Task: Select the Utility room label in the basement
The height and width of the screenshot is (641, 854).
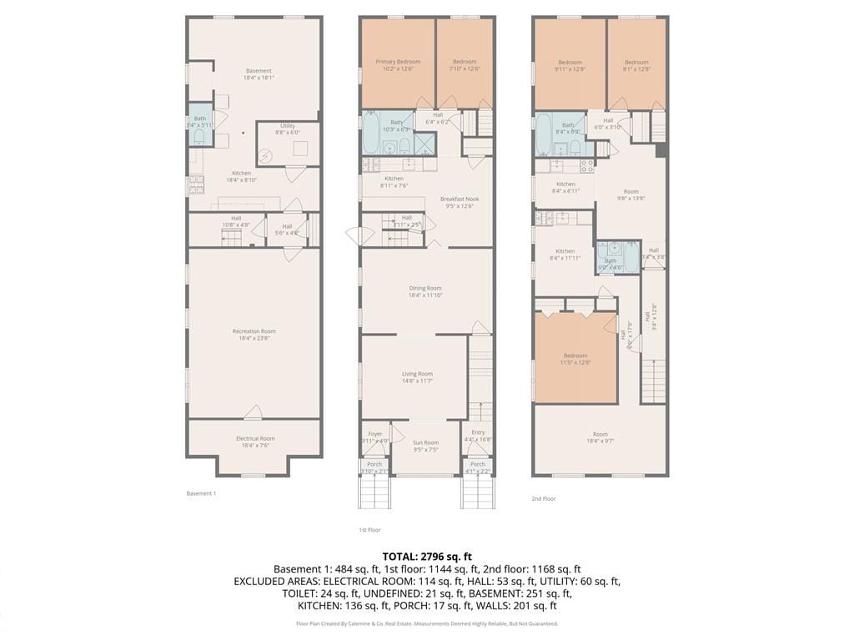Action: coord(288,129)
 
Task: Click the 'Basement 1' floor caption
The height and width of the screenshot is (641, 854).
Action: coord(201,493)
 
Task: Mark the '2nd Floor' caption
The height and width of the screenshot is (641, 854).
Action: coord(543,498)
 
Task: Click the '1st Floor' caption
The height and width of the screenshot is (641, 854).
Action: coord(369,530)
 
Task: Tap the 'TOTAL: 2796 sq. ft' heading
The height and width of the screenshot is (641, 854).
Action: coord(427,556)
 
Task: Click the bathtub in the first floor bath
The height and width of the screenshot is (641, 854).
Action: coord(370,133)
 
